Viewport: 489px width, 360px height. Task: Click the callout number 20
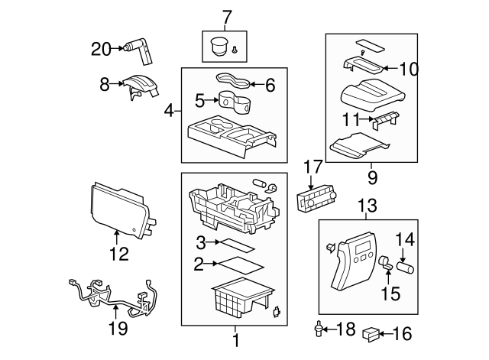click(x=101, y=49)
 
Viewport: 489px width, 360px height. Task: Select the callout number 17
click(x=313, y=167)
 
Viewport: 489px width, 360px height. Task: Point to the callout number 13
click(x=368, y=205)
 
